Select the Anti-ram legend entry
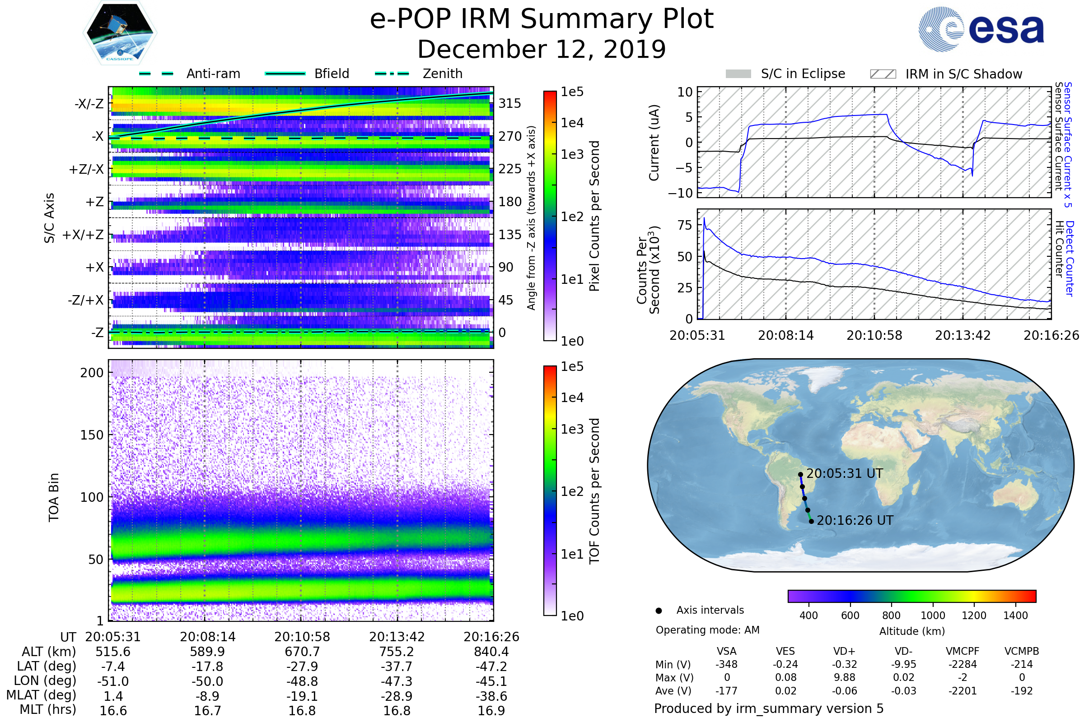(213, 74)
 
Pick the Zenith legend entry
(442, 74)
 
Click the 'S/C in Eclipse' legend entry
(803, 74)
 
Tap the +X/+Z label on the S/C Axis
(83, 235)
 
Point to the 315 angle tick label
(510, 103)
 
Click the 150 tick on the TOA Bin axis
(92, 435)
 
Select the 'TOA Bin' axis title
(54, 497)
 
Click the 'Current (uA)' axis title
(654, 143)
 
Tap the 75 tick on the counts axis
(685, 225)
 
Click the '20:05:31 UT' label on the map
(844, 473)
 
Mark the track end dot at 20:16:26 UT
(811, 521)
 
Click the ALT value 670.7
(302, 652)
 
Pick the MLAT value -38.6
(491, 696)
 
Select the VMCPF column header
(963, 651)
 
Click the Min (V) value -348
(726, 664)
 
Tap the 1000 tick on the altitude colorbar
(933, 615)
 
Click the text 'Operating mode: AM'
(707, 629)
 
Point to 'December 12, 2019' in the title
(542, 49)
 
